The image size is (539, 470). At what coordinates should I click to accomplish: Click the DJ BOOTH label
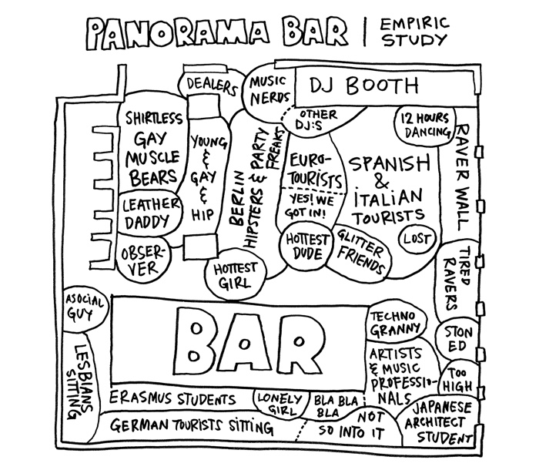click(364, 86)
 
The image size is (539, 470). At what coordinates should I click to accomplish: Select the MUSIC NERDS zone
click(268, 90)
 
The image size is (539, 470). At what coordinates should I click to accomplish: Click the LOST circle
click(417, 238)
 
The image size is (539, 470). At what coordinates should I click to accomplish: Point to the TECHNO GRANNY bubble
click(396, 323)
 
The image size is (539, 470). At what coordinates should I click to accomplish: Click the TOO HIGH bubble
click(458, 379)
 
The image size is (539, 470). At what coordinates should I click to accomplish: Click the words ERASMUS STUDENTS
click(172, 399)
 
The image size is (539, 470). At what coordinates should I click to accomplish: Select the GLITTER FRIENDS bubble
click(360, 251)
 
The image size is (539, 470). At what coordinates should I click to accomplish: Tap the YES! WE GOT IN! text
click(309, 206)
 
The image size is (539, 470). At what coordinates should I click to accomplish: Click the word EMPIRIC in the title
click(414, 24)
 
